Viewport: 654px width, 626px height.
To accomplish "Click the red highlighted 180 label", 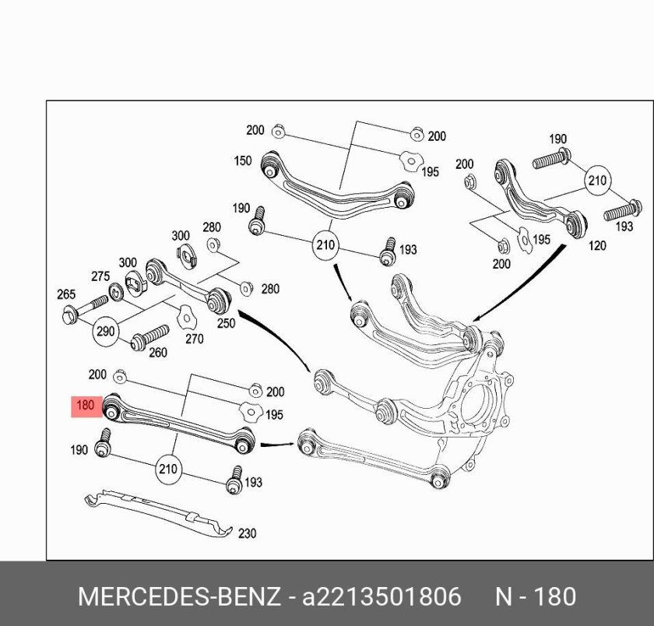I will point(85,406).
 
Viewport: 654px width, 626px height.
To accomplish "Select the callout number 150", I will point(243,161).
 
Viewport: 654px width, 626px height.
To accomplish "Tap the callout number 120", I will point(596,246).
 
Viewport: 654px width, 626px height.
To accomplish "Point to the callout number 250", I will point(225,323).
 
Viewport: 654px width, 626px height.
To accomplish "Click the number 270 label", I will point(194,339).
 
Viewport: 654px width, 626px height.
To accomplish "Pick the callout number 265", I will point(66,294).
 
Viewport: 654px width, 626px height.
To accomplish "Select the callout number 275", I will point(100,276).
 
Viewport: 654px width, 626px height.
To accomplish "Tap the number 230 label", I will point(246,533).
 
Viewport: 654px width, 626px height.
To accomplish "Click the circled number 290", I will point(105,331).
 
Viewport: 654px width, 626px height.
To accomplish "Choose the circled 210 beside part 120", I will point(597,181).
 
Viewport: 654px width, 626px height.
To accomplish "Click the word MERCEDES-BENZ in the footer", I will point(179,597).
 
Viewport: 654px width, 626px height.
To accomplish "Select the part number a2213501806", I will point(381,597).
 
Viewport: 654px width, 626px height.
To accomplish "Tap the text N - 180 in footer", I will point(536,597).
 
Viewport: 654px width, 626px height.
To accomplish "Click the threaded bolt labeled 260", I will point(150,336).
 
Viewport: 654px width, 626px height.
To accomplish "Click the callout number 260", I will point(157,353).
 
